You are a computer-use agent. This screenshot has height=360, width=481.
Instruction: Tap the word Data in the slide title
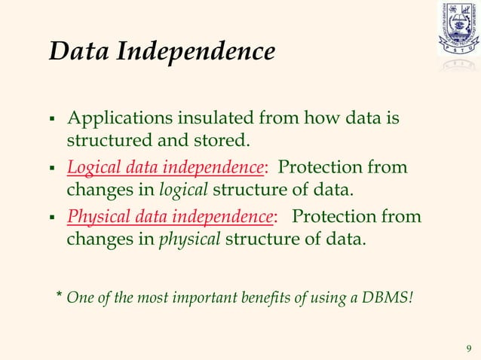78,52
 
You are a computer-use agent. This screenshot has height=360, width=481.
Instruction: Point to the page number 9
469,347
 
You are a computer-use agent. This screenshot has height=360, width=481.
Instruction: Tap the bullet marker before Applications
52,121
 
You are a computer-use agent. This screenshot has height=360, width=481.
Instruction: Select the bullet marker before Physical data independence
52,219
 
